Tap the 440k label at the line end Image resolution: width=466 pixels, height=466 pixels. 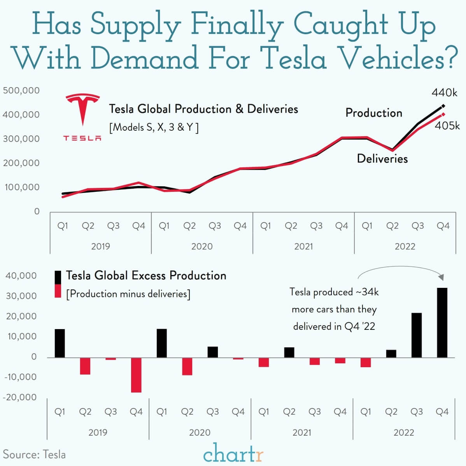pyautogui.click(x=444, y=93)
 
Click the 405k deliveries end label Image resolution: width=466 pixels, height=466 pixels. pyautogui.click(x=447, y=126)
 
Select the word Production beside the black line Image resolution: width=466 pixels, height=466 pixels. pyautogui.click(x=374, y=113)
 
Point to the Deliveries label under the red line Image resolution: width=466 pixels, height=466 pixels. pyautogui.click(x=382, y=159)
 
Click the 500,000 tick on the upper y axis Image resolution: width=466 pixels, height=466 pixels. pyautogui.click(x=21, y=91)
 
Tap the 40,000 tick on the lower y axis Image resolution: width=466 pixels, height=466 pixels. pyautogui.click(x=21, y=276)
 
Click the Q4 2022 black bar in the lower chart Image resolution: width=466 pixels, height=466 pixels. pyautogui.click(x=442, y=322)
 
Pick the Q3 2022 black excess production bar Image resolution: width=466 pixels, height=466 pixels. pyautogui.click(x=417, y=335)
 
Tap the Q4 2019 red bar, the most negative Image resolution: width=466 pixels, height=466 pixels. pyautogui.click(x=136, y=375)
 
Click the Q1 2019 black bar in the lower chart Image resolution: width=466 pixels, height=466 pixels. pyautogui.click(x=60, y=343)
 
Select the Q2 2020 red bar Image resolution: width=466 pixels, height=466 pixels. pyautogui.click(x=187, y=366)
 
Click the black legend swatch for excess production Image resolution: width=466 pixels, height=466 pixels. pyautogui.click(x=58, y=277)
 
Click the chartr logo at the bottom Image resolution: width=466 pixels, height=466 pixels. pyautogui.click(x=233, y=453)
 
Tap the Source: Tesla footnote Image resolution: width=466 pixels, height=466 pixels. pyautogui.click(x=34, y=454)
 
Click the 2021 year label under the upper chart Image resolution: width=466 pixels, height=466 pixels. pyautogui.click(x=303, y=246)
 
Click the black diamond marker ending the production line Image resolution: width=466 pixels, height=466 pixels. pyautogui.click(x=443, y=106)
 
